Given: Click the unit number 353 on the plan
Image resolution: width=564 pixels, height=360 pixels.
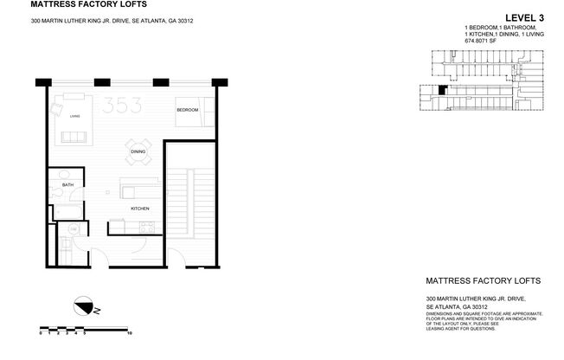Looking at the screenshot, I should point(120,106).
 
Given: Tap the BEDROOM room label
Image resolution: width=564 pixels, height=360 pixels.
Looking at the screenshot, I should point(188,111).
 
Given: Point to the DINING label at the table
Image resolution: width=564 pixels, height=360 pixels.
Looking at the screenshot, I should point(138,152).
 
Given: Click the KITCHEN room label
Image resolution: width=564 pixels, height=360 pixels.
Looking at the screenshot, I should point(141,209).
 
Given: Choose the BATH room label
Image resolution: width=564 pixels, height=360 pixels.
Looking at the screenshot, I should point(67,183).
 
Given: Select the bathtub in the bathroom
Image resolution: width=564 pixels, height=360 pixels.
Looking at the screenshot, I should point(67,211).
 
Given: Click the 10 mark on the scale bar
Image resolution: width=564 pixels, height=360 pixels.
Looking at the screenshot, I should point(129,331).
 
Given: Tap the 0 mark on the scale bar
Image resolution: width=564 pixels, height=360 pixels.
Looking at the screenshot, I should point(41,331).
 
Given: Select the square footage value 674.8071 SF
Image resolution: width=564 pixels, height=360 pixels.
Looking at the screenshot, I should point(484,40).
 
